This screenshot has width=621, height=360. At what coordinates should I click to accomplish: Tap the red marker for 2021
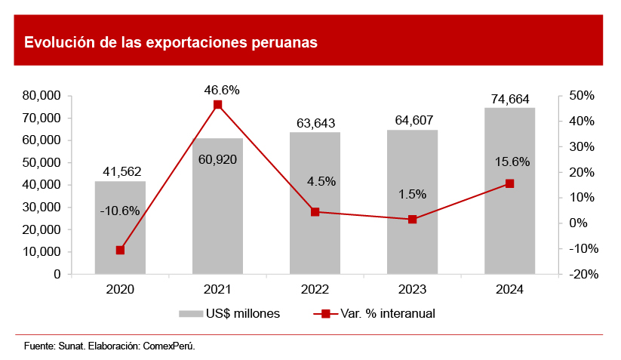coord(217,105)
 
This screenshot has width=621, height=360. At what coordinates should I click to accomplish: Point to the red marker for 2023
coord(412,220)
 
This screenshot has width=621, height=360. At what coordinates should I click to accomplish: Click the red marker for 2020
coord(120,250)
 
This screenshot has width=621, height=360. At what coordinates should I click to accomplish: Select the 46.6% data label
coord(222,90)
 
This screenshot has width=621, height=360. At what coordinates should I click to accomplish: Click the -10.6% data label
coord(120,211)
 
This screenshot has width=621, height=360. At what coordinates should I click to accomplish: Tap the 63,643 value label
coord(315,123)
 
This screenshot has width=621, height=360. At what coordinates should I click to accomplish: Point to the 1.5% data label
coord(412,194)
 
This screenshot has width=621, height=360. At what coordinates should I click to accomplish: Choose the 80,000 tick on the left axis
coord(42,96)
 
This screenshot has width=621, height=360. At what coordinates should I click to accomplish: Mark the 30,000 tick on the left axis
coord(42,207)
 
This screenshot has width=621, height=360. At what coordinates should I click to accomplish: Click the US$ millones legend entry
coord(229,313)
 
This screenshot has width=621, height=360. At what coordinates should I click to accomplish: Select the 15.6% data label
coord(512,162)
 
